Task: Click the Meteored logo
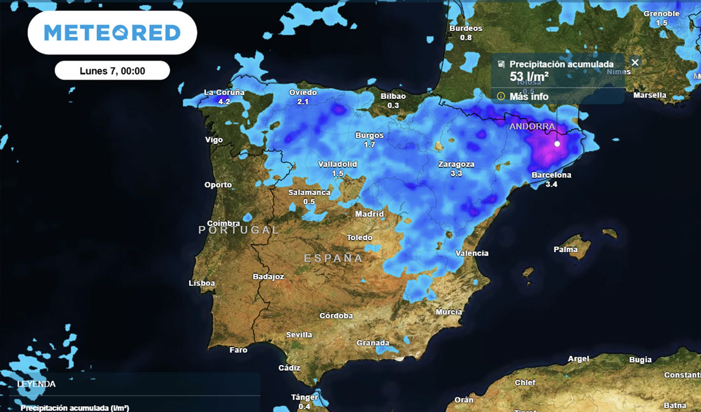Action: coord(112,32)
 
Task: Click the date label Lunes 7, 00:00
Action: coord(112,71)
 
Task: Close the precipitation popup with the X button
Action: coord(635,62)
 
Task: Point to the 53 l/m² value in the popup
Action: coord(530,77)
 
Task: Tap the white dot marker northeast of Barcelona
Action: coord(557,144)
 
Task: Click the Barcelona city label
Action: coord(551,175)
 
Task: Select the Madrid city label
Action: coord(370,214)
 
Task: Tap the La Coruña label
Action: coord(224,92)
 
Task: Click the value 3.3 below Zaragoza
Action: coord(456,173)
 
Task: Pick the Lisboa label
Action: coord(202,283)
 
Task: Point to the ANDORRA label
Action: coord(532,127)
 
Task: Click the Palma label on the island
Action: coord(565,249)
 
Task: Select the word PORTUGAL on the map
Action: coord(239,230)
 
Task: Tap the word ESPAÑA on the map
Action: coord(333,258)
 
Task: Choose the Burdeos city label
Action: coord(466,29)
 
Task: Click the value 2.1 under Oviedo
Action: coord(303,101)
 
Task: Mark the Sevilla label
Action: coord(300,334)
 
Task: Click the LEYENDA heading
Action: coord(36,384)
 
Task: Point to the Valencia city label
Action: coord(472,253)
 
